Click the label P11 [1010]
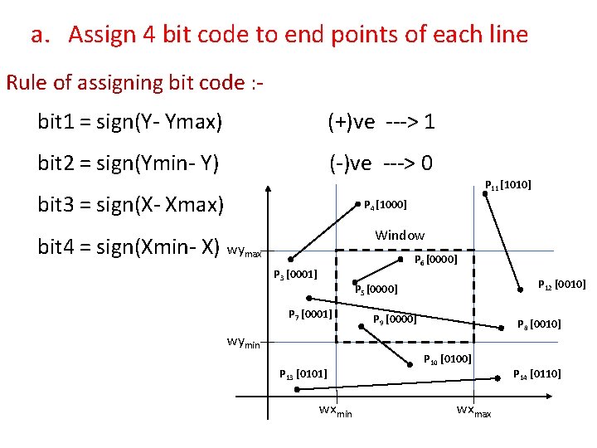tap(507, 185)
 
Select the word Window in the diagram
tap(400, 236)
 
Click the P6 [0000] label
tap(435, 259)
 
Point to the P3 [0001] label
tap(295, 274)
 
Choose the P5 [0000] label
tap(376, 290)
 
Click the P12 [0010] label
tap(562, 285)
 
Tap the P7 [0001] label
tap(310, 314)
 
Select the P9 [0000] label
tap(395, 319)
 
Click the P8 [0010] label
tap(539, 324)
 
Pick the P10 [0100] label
tap(448, 359)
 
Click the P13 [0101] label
tap(303, 375)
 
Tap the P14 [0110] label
tap(537, 374)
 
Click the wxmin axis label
tap(335, 411)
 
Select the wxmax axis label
tap(473, 411)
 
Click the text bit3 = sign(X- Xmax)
tap(130, 203)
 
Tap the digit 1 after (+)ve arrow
tap(429, 123)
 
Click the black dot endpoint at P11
tap(487, 197)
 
